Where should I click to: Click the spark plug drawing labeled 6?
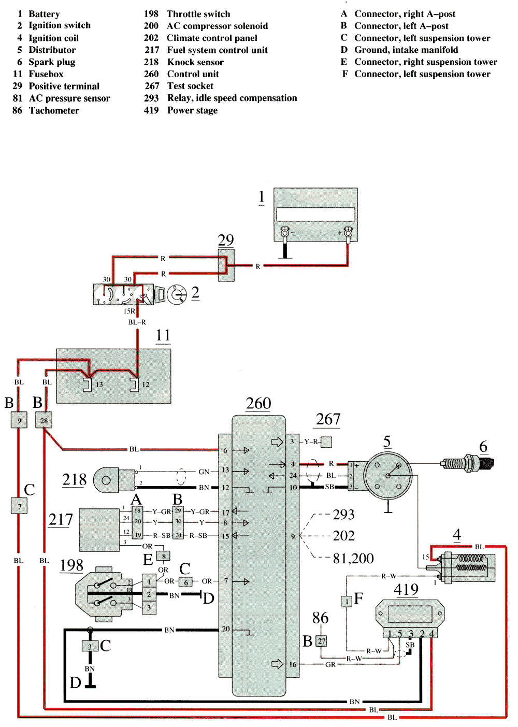pyautogui.click(x=467, y=463)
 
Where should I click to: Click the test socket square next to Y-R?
pyautogui.click(x=326, y=442)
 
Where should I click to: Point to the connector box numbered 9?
pyautogui.click(x=19, y=420)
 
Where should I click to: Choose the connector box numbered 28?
pyautogui.click(x=44, y=420)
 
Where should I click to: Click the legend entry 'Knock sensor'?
pyautogui.click(x=195, y=62)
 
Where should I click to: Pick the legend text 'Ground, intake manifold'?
pyautogui.click(x=406, y=50)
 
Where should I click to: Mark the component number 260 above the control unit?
pyautogui.click(x=258, y=404)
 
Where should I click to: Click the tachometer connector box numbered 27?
pyautogui.click(x=322, y=641)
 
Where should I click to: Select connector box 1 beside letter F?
pyautogui.click(x=346, y=602)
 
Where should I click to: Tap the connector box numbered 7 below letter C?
pyautogui.click(x=19, y=506)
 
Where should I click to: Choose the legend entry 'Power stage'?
pyautogui.click(x=192, y=110)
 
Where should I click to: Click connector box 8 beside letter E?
pyautogui.click(x=164, y=557)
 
